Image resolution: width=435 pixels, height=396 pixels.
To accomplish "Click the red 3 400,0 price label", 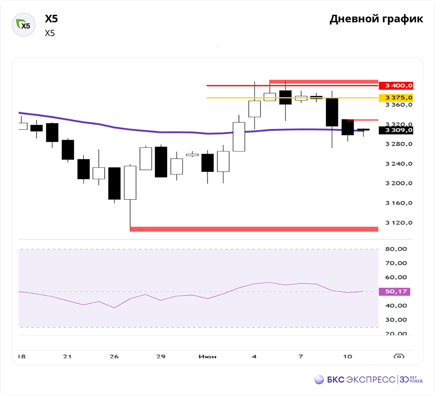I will [x=396, y=85].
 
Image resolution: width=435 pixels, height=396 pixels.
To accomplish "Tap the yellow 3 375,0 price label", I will [x=396, y=97].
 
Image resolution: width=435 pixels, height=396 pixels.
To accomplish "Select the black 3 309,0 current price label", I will [x=396, y=130].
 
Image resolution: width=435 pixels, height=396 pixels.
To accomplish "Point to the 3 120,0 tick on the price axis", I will [x=399, y=223].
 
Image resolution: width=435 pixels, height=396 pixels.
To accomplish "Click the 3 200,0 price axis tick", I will [x=399, y=183].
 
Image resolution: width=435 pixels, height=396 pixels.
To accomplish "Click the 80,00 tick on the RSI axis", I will [x=396, y=249].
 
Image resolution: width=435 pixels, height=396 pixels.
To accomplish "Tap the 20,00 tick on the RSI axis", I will [x=396, y=334].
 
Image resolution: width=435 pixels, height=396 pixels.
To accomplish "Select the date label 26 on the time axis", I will [x=114, y=356].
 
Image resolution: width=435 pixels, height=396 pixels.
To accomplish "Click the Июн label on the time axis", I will [x=207, y=356].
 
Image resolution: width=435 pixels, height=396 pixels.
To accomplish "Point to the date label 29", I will [x=161, y=356].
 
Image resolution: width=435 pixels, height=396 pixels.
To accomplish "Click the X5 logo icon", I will [x=23, y=25].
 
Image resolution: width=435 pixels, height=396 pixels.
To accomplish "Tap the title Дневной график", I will [x=376, y=19].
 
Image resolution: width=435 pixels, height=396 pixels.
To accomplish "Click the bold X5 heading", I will [x=51, y=19].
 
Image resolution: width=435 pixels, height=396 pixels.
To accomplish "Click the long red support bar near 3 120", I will [x=254, y=229].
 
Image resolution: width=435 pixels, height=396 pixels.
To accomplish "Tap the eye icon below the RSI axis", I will [x=398, y=356].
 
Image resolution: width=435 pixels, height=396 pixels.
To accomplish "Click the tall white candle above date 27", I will [x=130, y=182].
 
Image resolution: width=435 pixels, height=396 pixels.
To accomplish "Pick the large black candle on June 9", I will [x=332, y=112].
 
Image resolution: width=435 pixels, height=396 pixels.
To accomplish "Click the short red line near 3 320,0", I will [x=363, y=120].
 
